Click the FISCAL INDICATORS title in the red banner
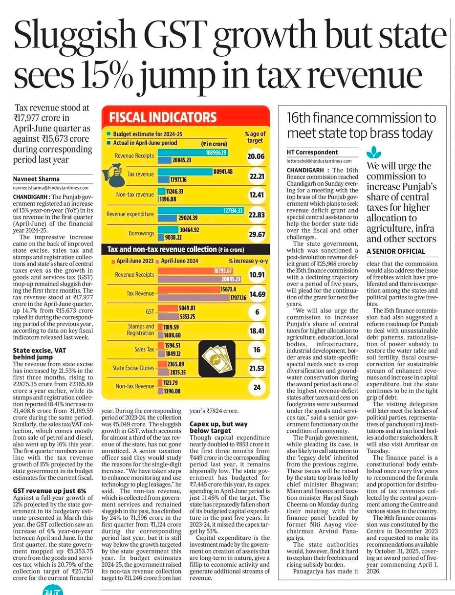click(163, 117)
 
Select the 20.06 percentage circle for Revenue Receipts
click(256, 156)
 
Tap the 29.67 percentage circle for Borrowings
click(257, 234)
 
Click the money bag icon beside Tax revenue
click(114, 175)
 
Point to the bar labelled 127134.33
click(201, 211)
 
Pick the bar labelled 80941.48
click(185, 172)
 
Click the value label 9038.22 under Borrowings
click(173, 238)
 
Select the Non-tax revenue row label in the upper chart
click(135, 195)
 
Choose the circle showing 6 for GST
click(257, 312)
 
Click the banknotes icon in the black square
click(217, 359)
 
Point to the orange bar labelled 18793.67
click(195, 271)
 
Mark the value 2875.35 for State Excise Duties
click(178, 373)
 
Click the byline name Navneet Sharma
click(36, 179)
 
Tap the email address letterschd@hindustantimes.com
click(319, 161)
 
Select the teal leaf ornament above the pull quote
click(374, 153)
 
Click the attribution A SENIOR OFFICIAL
click(396, 252)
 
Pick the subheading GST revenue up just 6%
click(49, 491)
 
